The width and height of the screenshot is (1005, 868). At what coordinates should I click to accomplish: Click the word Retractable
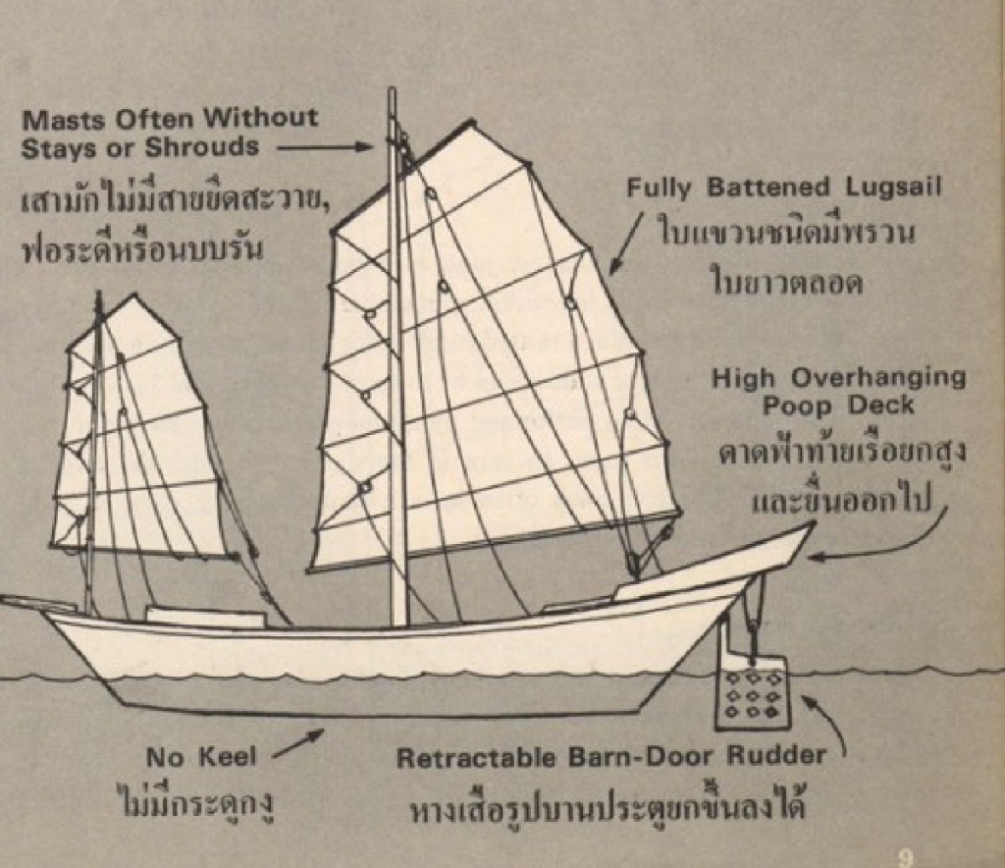tap(462, 757)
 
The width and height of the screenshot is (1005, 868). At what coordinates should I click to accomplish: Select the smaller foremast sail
tap(137, 432)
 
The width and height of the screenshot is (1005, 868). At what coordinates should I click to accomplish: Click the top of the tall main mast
tap(392, 94)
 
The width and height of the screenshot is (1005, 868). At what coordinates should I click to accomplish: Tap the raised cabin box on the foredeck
tap(205, 617)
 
